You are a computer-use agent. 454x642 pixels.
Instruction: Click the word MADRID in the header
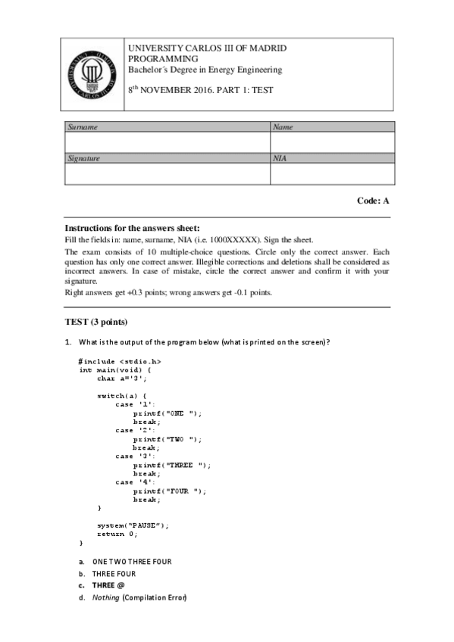click(269, 48)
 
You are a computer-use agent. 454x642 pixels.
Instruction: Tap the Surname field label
click(83, 127)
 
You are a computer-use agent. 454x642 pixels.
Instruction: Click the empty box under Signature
click(168, 174)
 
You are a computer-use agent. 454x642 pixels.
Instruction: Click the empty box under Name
click(332, 142)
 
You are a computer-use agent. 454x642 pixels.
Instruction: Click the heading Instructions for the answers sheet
click(132, 228)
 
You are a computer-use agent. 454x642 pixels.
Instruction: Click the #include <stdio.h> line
click(120, 361)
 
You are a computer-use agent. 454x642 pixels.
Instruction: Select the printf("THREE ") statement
click(172, 465)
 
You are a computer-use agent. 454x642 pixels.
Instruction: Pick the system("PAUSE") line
click(133, 525)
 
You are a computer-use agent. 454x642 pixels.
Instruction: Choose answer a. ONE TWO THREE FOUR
click(131, 561)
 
